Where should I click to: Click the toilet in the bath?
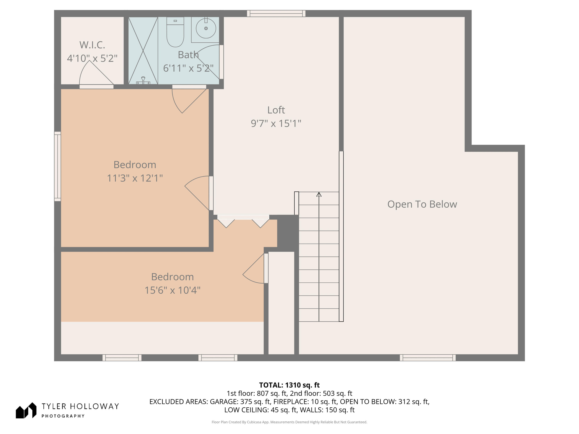(175, 32)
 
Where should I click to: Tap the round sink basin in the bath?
(206, 28)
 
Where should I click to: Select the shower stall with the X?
(143, 51)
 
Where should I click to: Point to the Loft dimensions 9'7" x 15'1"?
(276, 123)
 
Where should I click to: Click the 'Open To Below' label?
(422, 204)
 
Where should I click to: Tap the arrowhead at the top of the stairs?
(319, 195)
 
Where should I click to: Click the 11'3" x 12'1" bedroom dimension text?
(135, 178)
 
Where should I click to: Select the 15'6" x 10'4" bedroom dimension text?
(173, 290)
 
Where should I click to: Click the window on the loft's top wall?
(276, 14)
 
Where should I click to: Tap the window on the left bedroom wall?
(58, 166)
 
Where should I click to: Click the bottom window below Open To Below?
(428, 358)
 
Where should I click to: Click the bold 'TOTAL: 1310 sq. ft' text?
(289, 385)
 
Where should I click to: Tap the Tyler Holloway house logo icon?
(26, 410)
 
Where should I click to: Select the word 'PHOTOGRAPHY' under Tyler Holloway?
(63, 416)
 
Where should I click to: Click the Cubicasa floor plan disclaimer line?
(289, 422)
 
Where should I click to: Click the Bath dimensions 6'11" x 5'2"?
(188, 68)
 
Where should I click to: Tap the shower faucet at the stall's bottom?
(143, 80)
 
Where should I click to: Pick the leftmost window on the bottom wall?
(122, 358)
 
